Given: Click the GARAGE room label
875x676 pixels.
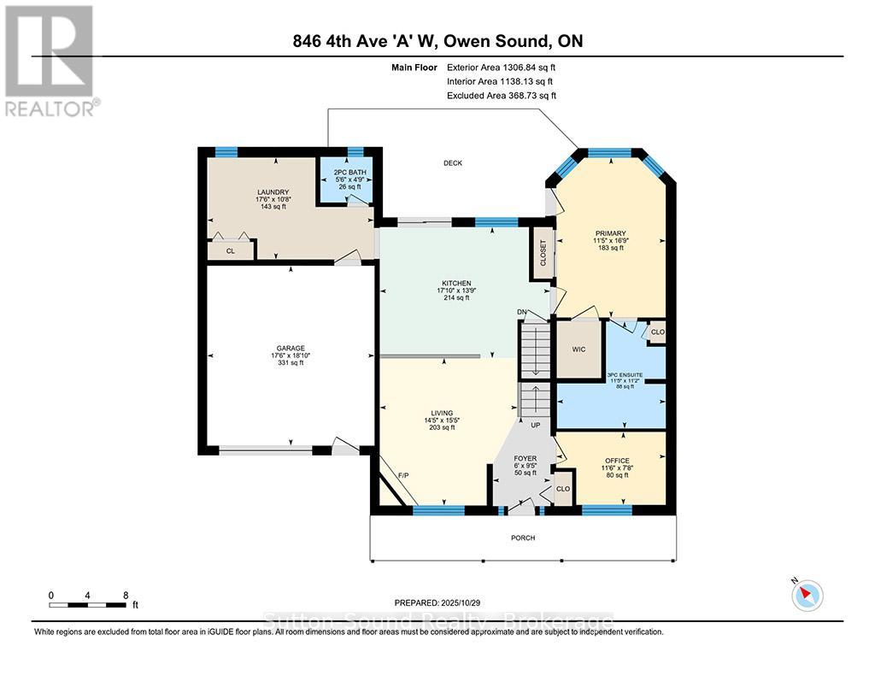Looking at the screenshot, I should (x=290, y=348).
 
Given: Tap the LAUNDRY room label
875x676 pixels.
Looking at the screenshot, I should (x=273, y=192).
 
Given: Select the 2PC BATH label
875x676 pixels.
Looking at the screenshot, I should (x=349, y=173).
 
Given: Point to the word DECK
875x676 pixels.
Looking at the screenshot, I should (x=453, y=163).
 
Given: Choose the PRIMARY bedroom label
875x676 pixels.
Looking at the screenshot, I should (x=611, y=233).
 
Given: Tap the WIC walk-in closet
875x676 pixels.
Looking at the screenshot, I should (x=578, y=349).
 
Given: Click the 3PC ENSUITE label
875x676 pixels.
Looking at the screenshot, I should (x=624, y=374).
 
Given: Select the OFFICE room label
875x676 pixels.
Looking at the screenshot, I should (x=617, y=461).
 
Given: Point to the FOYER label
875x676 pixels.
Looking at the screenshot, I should (x=525, y=459).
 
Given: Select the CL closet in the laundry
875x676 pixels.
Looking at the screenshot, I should (x=231, y=251).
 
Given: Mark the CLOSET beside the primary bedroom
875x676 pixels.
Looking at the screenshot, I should (x=543, y=252).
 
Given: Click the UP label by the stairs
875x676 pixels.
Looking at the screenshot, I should (x=536, y=424).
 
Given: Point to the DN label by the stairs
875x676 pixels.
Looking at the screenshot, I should (x=522, y=312).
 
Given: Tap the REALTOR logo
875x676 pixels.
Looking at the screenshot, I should (x=50, y=61).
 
